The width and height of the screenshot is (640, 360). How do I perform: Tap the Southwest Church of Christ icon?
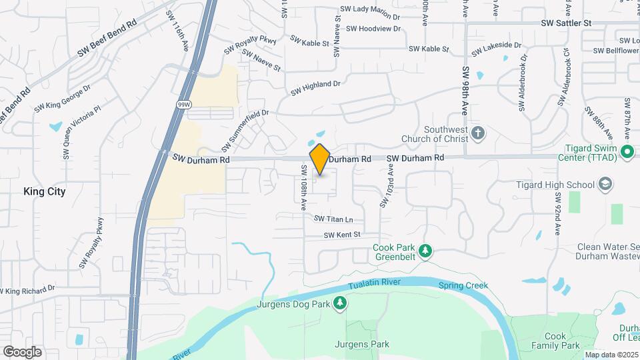(x=478, y=133)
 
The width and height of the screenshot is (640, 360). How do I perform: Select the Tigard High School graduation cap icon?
(x=605, y=184)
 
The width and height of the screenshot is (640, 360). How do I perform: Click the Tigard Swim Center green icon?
(x=627, y=152)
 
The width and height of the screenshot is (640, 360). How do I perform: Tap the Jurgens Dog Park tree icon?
(x=340, y=305)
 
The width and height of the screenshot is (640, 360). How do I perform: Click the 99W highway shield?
(x=183, y=105)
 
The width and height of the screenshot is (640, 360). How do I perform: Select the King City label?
(x=45, y=191)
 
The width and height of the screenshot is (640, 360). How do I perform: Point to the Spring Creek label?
(x=463, y=285)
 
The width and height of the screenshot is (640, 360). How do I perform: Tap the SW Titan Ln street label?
(x=333, y=219)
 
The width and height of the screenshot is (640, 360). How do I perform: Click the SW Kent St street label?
(x=342, y=235)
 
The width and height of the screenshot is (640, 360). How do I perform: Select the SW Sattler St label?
(x=567, y=23)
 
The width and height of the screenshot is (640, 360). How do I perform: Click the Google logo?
(x=22, y=351)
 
